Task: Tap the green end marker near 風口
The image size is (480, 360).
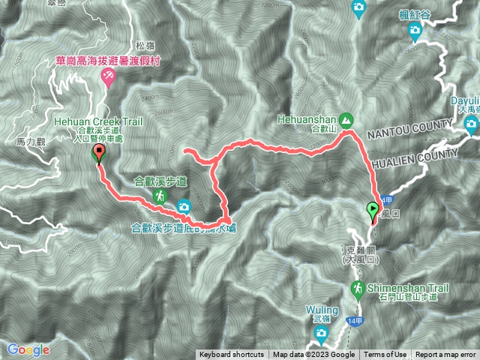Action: pyautogui.click(x=373, y=211)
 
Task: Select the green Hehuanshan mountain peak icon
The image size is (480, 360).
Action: pyautogui.click(x=346, y=119)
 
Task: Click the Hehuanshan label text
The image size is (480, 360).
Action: pyautogui.click(x=308, y=118)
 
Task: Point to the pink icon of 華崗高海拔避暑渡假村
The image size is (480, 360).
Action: pyautogui.click(x=108, y=75)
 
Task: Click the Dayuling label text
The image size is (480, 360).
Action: pyautogui.click(x=464, y=101)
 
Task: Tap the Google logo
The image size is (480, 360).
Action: pyautogui.click(x=28, y=349)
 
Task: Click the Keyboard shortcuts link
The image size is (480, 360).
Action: pyautogui.click(x=231, y=355)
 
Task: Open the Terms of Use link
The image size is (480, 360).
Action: pyautogui.click(x=385, y=355)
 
